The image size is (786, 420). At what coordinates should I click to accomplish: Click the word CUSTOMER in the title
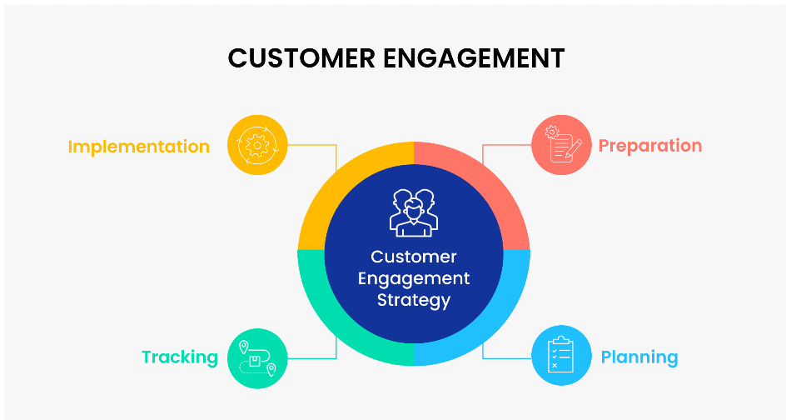coord(301,58)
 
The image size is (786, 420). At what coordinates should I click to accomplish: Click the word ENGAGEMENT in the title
coord(475,58)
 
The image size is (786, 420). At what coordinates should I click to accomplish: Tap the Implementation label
coord(139,147)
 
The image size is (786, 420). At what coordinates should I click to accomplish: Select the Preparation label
coord(650,146)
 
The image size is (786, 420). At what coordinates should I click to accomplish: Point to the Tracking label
coord(180,357)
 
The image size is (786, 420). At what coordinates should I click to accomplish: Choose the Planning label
coord(639,357)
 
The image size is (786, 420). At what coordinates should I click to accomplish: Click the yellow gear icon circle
coord(257,145)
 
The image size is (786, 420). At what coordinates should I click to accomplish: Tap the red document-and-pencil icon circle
coord(561,145)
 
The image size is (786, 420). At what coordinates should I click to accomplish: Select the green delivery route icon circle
coord(257,358)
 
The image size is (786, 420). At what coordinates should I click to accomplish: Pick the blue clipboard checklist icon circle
coord(561,355)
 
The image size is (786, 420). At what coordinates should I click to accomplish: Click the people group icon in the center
coord(414,212)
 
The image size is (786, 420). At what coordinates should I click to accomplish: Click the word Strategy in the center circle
coord(414,300)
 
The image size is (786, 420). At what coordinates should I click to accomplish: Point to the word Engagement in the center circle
coord(414,278)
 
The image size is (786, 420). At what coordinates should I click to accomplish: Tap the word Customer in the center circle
coord(414,257)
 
